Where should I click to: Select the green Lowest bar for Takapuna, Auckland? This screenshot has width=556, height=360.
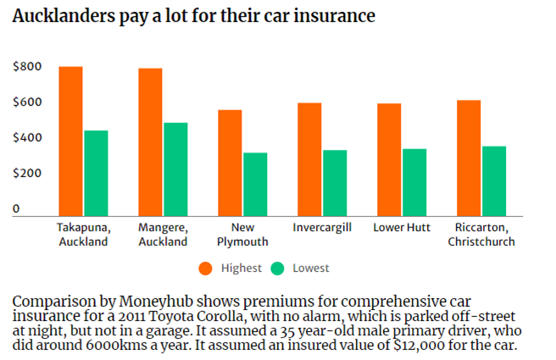click(x=96, y=173)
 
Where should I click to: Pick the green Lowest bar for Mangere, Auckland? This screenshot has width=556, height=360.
click(x=175, y=169)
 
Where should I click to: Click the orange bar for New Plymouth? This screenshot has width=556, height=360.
click(x=230, y=163)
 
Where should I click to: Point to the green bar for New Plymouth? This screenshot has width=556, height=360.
click(x=255, y=184)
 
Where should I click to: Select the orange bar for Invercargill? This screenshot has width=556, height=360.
click(x=309, y=159)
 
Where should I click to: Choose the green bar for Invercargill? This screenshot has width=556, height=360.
click(x=335, y=182)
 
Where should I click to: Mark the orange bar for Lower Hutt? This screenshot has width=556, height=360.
click(x=389, y=159)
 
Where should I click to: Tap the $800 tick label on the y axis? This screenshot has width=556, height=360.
click(x=28, y=67)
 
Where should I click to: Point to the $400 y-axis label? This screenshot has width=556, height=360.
click(x=28, y=137)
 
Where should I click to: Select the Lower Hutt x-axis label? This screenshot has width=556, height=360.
click(x=402, y=228)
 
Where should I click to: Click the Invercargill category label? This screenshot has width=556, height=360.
click(x=322, y=228)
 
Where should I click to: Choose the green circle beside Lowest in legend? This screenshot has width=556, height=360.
click(x=277, y=268)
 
